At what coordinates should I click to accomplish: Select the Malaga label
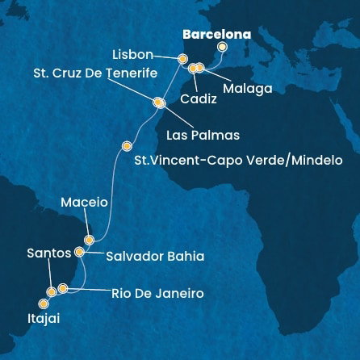tap(247, 88)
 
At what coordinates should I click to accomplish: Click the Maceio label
tap(85, 204)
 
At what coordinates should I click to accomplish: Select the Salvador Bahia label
tap(155, 256)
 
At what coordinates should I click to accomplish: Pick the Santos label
tap(49, 253)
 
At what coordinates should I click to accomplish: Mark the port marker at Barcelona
tap(222, 47)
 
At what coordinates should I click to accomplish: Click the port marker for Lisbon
tap(182, 59)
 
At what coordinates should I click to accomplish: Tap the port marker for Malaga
tap(200, 68)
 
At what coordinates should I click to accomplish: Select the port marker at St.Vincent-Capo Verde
tap(126, 146)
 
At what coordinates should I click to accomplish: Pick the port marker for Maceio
tap(90, 240)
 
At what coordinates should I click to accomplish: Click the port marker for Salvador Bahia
tap(79, 252)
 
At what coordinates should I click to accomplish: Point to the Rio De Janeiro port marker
tap(62, 287)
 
